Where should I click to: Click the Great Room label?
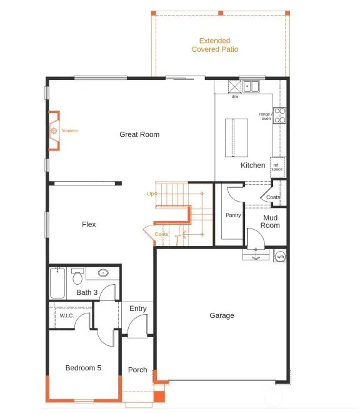click(x=139, y=134)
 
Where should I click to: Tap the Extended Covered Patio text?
click(x=215, y=44)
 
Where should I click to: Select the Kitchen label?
click(x=253, y=165)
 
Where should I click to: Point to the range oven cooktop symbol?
click(x=280, y=115)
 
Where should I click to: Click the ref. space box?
click(x=277, y=167)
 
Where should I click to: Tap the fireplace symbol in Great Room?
click(x=54, y=131)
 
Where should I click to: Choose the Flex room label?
click(x=89, y=224)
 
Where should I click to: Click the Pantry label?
click(x=232, y=215)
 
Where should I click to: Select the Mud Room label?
click(x=270, y=222)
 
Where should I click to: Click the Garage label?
click(x=222, y=315)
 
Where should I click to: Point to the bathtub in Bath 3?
click(x=57, y=283)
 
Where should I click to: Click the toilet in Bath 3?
click(x=77, y=275)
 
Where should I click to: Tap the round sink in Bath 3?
click(x=102, y=273)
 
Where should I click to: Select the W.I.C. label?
click(x=67, y=315)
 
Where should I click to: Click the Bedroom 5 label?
click(x=83, y=368)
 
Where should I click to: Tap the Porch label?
click(x=137, y=370)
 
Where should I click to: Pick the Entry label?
click(x=138, y=308)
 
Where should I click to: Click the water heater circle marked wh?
click(x=281, y=256)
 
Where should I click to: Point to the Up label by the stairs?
click(x=150, y=194)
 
